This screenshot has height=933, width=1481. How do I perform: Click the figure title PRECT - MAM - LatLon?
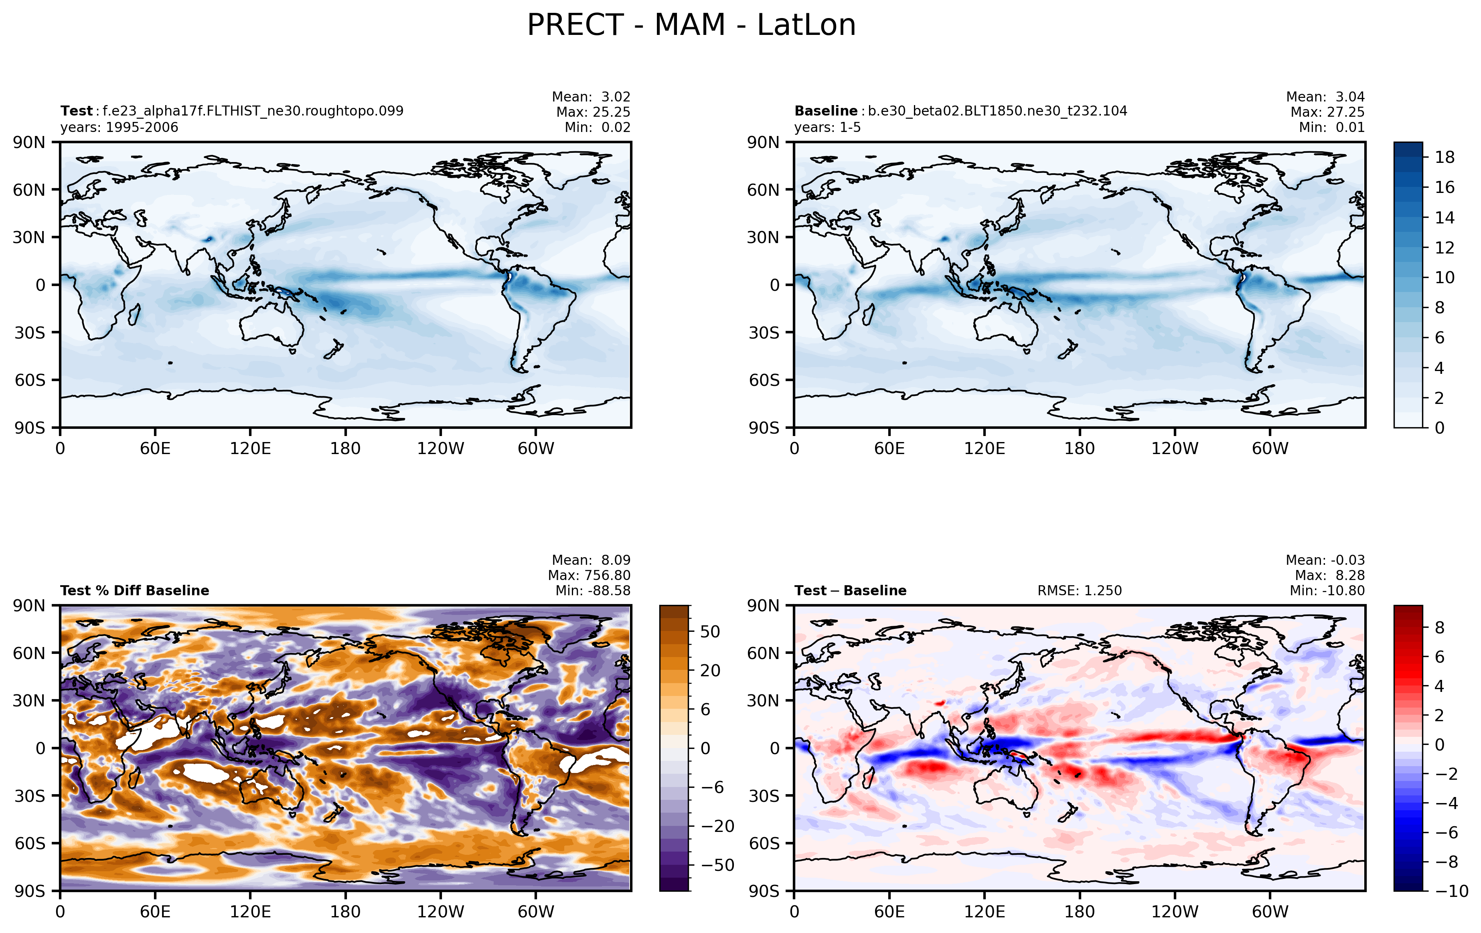click(691, 26)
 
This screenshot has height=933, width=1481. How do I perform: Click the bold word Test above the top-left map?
click(76, 112)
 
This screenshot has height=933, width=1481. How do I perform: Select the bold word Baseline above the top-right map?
click(825, 112)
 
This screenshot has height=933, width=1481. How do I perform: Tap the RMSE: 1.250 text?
click(1080, 591)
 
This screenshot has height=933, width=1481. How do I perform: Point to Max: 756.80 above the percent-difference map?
click(589, 576)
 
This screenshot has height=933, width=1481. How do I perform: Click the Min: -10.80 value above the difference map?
click(1327, 591)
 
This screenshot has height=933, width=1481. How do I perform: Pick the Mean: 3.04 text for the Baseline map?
click(1325, 97)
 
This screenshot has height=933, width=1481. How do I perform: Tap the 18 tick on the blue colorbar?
click(1445, 158)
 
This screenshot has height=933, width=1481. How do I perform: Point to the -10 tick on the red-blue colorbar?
click(1452, 891)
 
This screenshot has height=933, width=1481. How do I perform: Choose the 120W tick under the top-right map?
click(1175, 448)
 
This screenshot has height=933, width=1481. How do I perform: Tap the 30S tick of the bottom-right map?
click(764, 796)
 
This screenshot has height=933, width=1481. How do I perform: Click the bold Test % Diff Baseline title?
click(135, 591)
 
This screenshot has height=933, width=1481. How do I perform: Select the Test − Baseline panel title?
click(851, 591)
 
